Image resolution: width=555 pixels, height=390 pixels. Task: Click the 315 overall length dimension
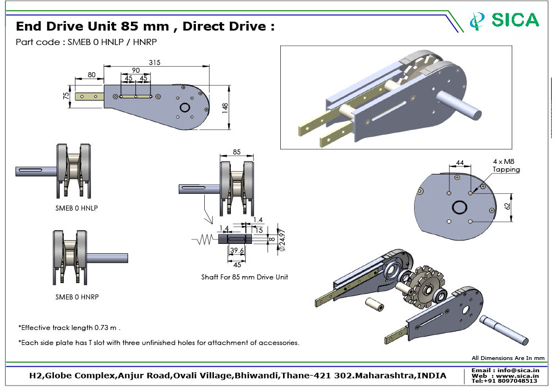click(154, 63)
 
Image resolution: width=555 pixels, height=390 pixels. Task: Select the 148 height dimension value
click(224, 108)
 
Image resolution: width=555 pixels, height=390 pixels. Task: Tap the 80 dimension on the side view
click(92, 75)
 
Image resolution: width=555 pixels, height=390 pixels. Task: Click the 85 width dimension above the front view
click(236, 152)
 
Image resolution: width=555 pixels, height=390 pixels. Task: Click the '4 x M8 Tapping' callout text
click(506, 166)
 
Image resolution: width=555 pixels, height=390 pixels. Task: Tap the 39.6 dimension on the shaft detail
click(236, 251)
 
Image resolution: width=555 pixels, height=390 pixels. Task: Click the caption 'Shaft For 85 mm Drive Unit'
click(245, 277)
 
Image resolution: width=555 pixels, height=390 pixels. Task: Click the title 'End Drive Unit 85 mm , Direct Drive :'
click(145, 27)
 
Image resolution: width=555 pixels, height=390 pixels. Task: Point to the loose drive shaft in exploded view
click(503, 328)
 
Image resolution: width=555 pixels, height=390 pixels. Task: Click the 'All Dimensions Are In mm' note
click(508, 358)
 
